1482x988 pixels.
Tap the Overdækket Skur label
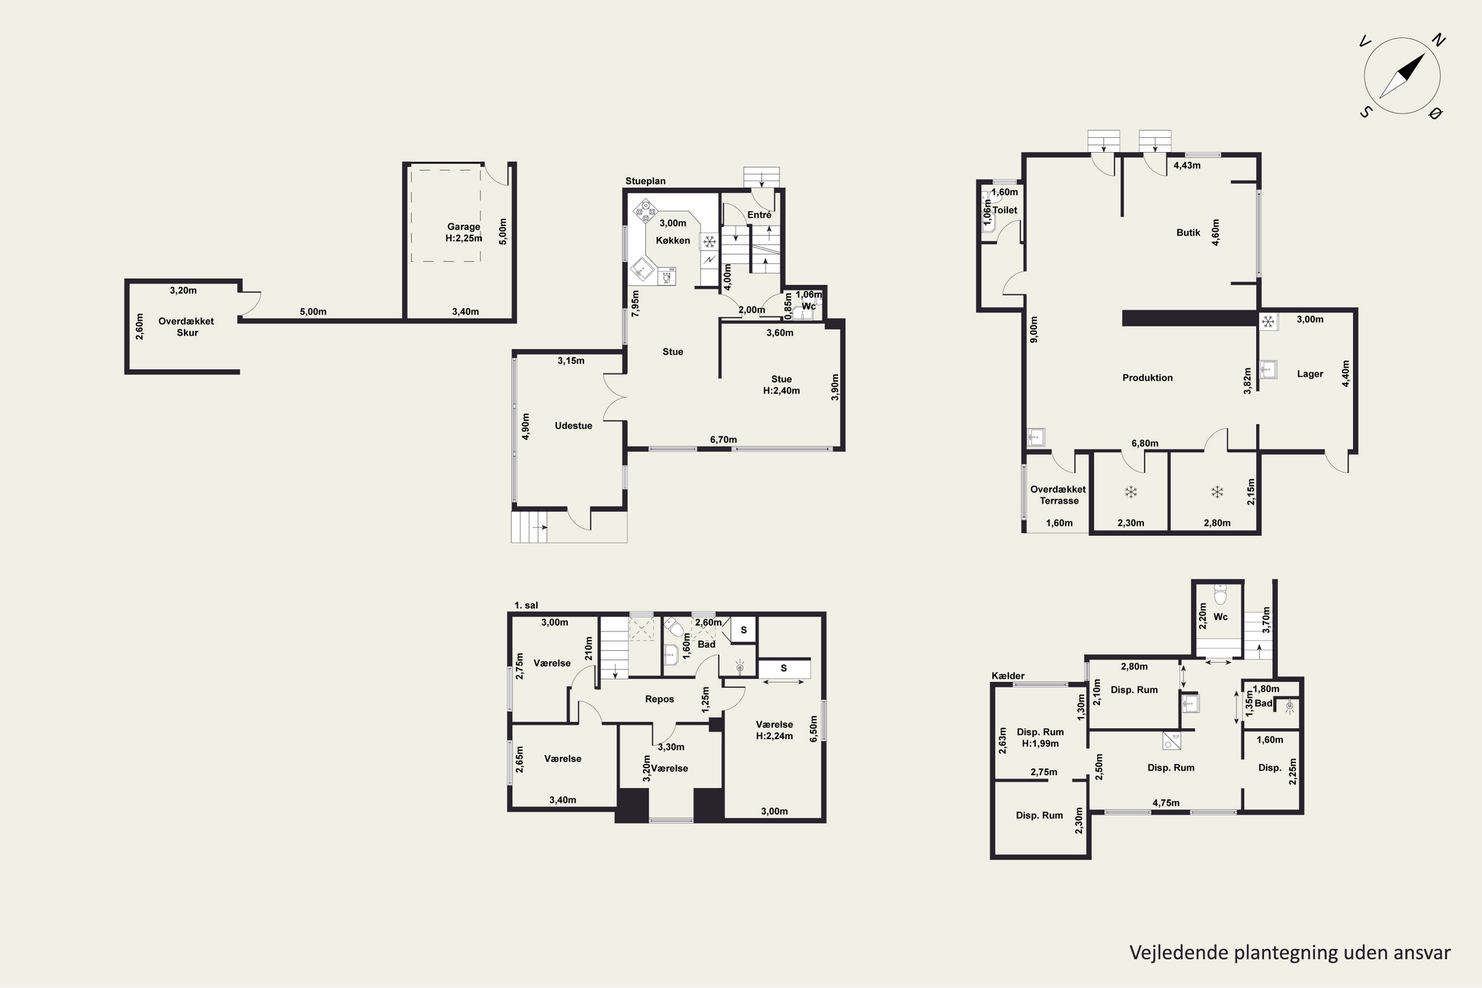tap(187, 327)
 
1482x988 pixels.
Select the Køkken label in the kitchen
tap(673, 241)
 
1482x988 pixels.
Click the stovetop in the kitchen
tap(645, 210)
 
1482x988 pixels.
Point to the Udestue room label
tap(574, 426)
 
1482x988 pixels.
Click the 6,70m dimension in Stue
tap(723, 440)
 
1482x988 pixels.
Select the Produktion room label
tap(1148, 378)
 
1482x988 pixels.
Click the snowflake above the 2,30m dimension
tap(1131, 492)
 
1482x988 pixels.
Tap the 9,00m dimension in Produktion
tap(1033, 329)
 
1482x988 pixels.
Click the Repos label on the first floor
tap(659, 700)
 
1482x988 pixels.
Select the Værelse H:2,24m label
tap(775, 730)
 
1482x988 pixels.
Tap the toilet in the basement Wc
tap(1221, 594)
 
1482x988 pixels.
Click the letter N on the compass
tap(1439, 41)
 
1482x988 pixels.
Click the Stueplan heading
tap(645, 181)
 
